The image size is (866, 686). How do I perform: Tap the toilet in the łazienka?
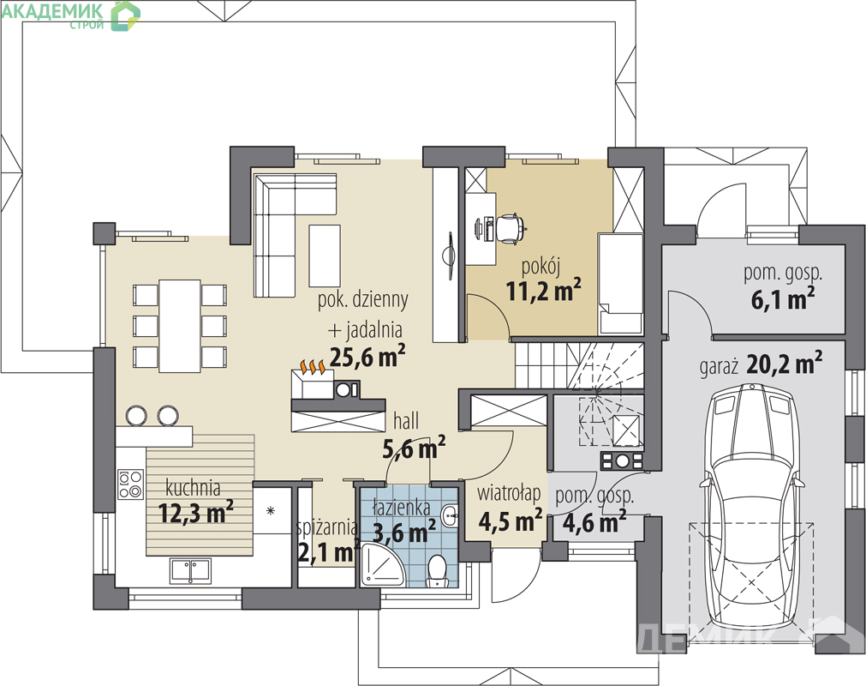pyautogui.click(x=438, y=570)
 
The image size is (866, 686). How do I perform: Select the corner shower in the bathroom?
pyautogui.click(x=383, y=565)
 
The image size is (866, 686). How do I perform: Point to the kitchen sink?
pyautogui.click(x=190, y=571)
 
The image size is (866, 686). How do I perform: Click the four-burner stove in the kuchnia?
pyautogui.click(x=131, y=484)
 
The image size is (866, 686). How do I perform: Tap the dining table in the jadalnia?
pyautogui.click(x=180, y=326)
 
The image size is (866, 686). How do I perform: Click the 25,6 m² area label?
pyautogui.click(x=367, y=356)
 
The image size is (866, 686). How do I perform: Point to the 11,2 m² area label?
pyautogui.click(x=543, y=291)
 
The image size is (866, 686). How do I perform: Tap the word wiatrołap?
pyautogui.click(x=509, y=493)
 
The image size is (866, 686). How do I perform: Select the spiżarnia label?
pyautogui.click(x=326, y=528)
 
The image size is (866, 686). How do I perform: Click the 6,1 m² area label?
pyautogui.click(x=783, y=299)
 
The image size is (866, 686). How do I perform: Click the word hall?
pyautogui.click(x=406, y=421)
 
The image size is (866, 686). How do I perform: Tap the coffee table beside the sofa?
pyautogui.click(x=324, y=256)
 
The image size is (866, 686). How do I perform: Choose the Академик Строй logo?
pyautogui.click(x=70, y=15)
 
